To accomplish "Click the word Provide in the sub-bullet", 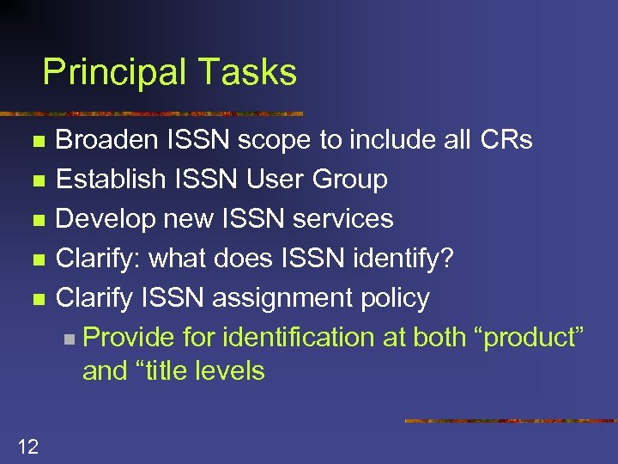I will [129, 337].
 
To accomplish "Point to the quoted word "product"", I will [530, 337].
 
